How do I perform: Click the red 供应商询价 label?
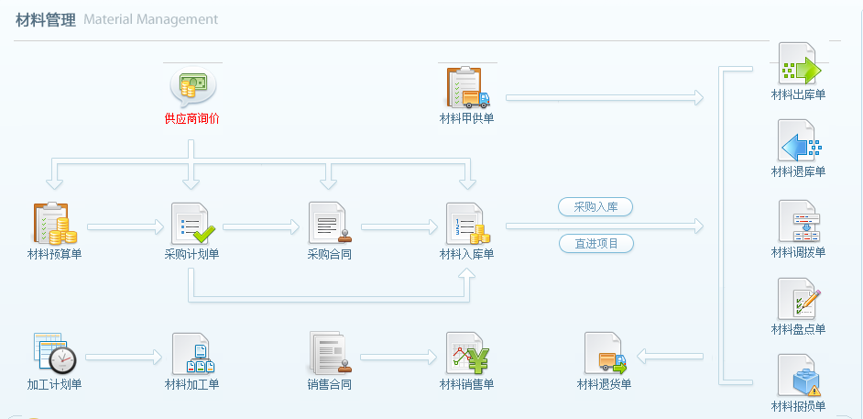click(x=191, y=118)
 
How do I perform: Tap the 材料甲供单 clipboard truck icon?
click(x=467, y=87)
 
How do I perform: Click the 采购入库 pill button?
click(x=595, y=207)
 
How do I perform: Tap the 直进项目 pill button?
click(x=595, y=244)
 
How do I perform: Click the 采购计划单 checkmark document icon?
click(x=192, y=224)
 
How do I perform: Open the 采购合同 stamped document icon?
click(x=328, y=224)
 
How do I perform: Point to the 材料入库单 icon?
click(x=467, y=224)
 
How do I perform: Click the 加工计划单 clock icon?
click(x=54, y=353)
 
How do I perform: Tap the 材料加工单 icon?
click(x=192, y=353)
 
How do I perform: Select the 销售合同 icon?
click(x=328, y=353)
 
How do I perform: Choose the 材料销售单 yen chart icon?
click(x=467, y=353)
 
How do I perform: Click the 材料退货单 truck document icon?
click(x=605, y=353)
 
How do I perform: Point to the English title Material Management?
click(x=150, y=19)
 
